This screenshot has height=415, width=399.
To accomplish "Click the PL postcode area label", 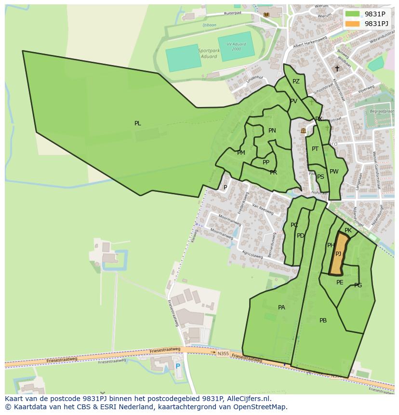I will pos(138,123).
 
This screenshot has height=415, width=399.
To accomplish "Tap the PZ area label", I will pos(296,81).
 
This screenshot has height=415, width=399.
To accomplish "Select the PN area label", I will pos(272,131).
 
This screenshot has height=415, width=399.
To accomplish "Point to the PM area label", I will pos(241,153).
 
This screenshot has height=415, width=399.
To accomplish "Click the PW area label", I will pos(334,172).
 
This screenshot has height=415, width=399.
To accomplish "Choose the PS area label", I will pos(320,177).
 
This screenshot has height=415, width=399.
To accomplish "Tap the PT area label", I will pos(315,149).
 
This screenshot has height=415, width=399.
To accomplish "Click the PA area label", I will pos(281,308).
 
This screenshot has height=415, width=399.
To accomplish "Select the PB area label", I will pos(323,321).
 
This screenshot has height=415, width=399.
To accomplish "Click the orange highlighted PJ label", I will pos(338,254).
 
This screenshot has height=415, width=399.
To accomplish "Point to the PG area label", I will pos(358,285).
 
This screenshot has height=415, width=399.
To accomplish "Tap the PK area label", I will pos(348,231).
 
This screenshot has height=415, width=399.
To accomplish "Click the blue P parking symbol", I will pos(178,366).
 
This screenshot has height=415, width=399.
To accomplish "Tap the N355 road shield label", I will pos(223,353).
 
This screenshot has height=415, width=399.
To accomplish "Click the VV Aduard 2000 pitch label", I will pos(236,47).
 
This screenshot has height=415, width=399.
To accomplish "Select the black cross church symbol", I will pos(337,68).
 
